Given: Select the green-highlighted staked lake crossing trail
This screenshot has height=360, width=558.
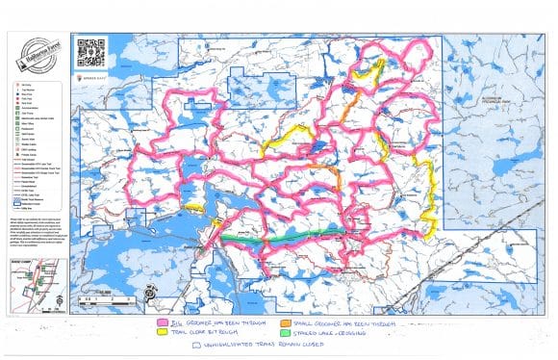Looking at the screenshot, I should click(x=279, y=234).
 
